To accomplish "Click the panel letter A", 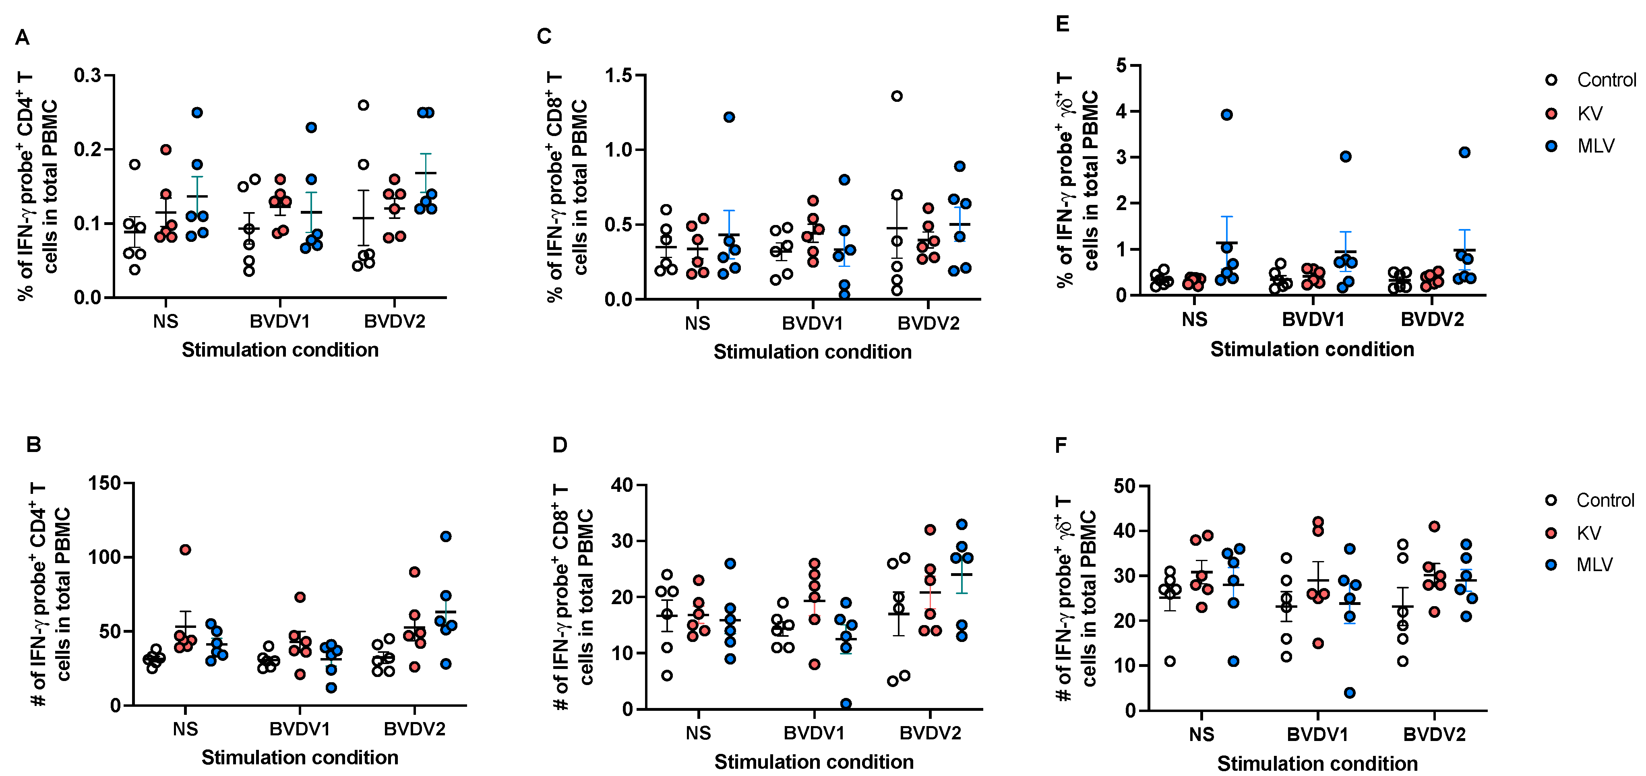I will click(23, 38).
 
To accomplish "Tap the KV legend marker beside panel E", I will click(1551, 114).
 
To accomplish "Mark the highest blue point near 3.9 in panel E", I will click(1226, 115).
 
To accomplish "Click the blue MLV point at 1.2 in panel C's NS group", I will click(729, 117).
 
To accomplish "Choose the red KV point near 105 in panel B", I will click(185, 550).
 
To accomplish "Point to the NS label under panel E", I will click(1194, 319).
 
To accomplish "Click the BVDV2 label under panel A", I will click(394, 321).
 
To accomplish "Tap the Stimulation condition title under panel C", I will click(812, 352).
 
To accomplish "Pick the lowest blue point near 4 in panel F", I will click(1350, 693).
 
